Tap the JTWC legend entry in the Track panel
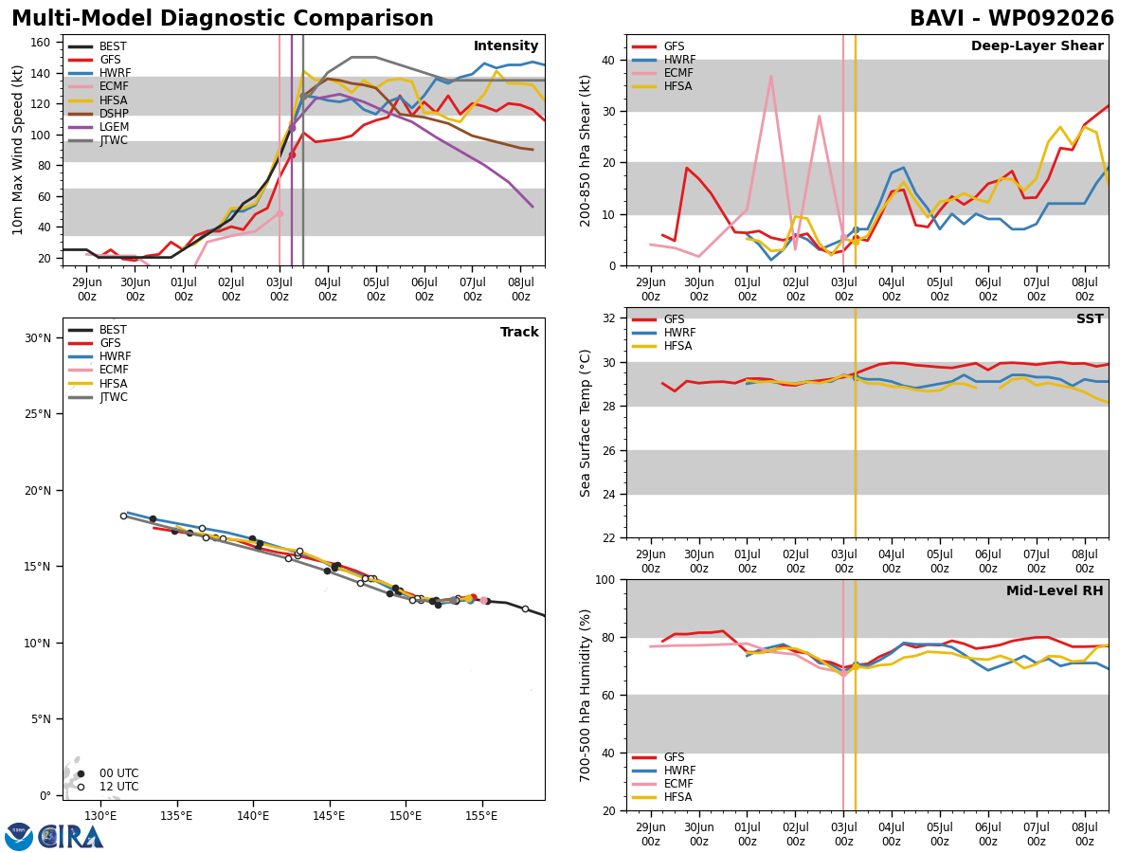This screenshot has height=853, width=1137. coord(98,397)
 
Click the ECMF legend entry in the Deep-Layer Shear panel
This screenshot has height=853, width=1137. coord(662,73)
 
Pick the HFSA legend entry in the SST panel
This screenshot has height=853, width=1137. coord(662,346)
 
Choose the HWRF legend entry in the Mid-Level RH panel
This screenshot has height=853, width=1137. coord(663,771)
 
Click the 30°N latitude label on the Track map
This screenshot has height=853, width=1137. coord(38,338)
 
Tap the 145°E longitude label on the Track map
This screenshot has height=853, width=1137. coord(330,816)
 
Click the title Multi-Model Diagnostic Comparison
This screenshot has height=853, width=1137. coord(223,18)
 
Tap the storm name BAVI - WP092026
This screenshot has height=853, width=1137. coord(1011,18)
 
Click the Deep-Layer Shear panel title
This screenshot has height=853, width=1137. coord(1037,45)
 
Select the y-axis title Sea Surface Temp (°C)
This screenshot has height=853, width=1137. coord(585,423)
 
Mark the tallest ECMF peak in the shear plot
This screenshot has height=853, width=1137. coord(770,76)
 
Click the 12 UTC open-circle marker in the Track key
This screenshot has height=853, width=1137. coord(81,787)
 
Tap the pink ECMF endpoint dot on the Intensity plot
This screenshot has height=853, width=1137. coord(280,213)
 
